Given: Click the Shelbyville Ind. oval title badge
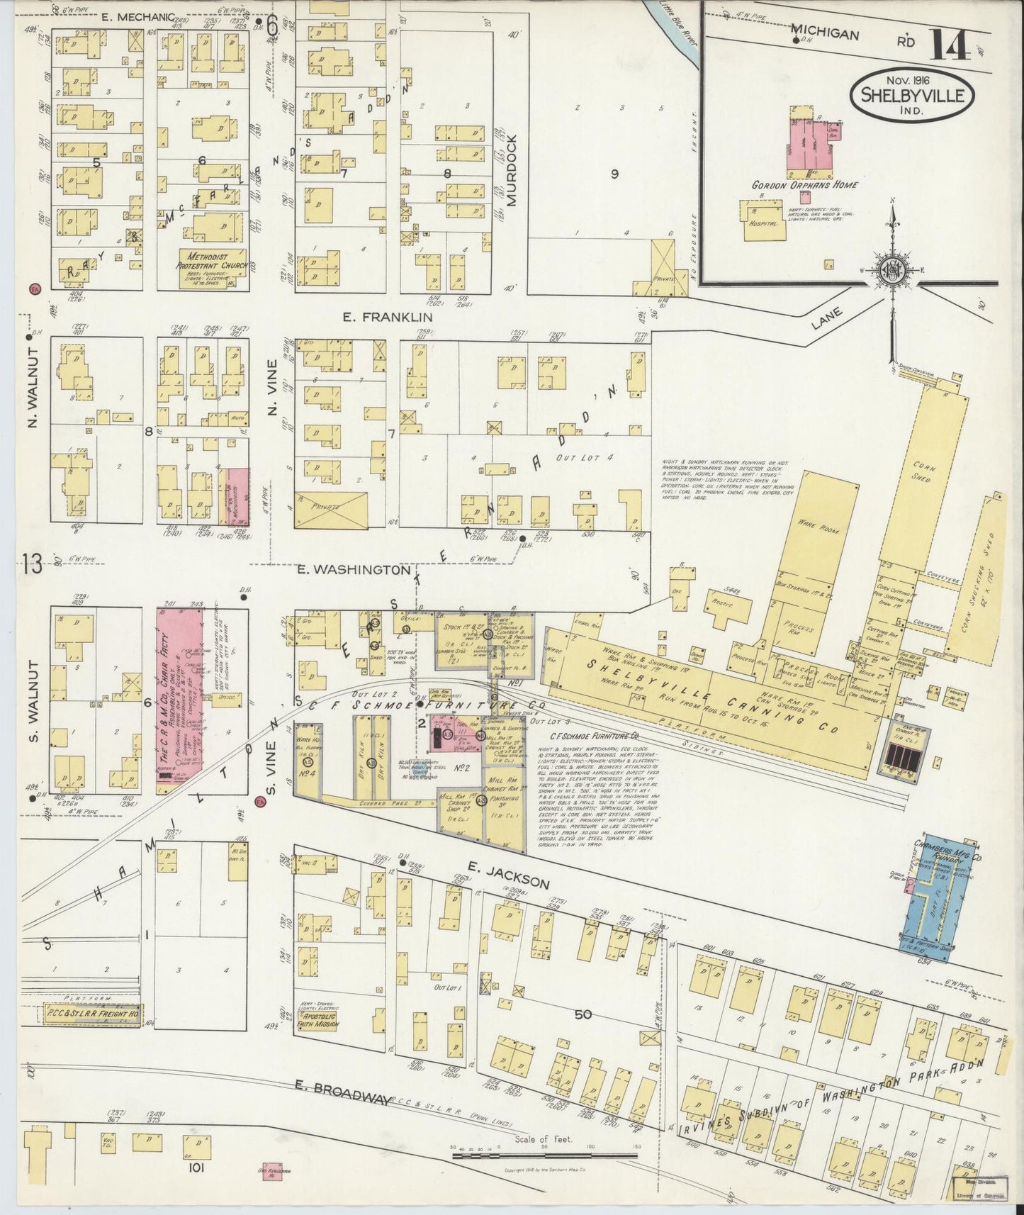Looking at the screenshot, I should coord(913,94).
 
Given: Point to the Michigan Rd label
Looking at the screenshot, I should coord(826,34).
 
